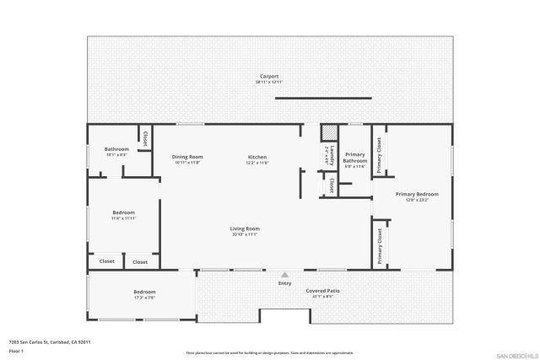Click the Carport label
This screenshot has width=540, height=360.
(269, 76)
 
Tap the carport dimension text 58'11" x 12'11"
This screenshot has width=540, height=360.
(269, 82)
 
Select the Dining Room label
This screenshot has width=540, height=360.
(187, 157)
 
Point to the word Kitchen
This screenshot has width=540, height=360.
(256, 157)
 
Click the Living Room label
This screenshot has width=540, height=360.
(245, 228)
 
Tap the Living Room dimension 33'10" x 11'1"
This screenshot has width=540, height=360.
(245, 234)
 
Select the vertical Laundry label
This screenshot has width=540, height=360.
(332, 154)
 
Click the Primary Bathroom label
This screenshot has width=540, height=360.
(354, 158)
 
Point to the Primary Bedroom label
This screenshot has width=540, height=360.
(417, 194)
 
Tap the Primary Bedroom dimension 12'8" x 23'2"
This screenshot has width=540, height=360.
(417, 200)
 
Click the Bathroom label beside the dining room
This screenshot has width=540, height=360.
(116, 149)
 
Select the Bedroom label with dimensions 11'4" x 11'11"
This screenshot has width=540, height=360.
(123, 212)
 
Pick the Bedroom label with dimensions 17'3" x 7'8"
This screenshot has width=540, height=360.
(144, 292)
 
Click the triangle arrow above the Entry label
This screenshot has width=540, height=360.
(285, 275)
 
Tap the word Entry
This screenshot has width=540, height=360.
(285, 282)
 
